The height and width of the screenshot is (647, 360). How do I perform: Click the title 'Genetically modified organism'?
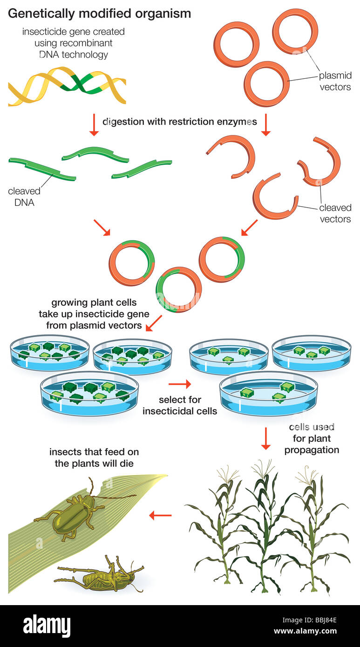[99, 13]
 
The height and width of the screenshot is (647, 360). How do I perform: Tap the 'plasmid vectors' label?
[334, 81]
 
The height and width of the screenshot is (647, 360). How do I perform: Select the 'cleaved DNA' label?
[24, 196]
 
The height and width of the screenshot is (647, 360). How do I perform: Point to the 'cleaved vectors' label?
[335, 213]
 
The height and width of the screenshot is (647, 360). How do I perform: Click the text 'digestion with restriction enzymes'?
[179, 122]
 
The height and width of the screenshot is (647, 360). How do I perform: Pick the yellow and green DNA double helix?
[67, 86]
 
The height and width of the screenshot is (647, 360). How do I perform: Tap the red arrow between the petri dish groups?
[179, 384]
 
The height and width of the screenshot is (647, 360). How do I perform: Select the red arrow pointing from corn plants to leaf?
[160, 515]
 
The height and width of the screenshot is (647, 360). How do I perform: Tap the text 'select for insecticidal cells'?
[180, 405]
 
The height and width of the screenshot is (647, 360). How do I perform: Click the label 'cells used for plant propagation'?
[312, 438]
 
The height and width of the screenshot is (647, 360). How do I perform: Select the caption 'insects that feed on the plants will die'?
[94, 458]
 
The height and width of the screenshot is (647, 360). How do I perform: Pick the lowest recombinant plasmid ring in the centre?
[178, 290]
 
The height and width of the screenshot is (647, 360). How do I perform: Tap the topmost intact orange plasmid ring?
[295, 31]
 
